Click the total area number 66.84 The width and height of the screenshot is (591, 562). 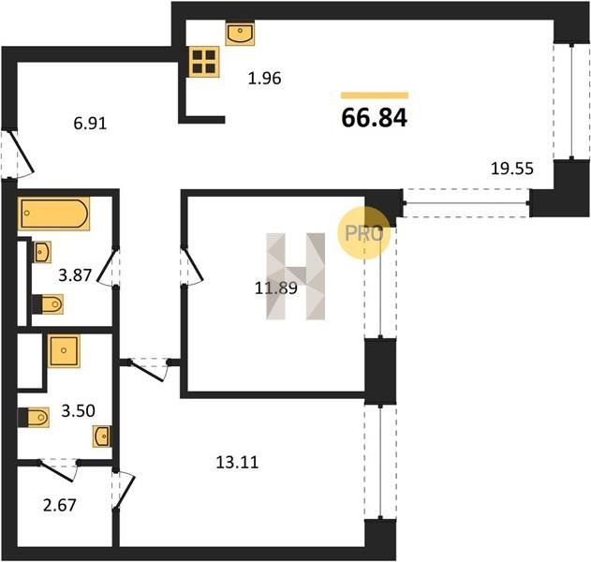click(375, 118)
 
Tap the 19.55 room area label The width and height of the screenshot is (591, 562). click(512, 169)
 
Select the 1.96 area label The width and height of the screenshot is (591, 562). click(265, 79)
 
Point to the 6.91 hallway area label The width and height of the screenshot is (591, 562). click(90, 124)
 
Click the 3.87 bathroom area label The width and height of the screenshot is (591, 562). click(75, 275)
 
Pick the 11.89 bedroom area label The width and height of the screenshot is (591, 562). click(276, 288)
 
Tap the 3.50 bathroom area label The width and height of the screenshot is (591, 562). click(78, 411)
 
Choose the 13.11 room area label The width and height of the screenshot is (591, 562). click(237, 463)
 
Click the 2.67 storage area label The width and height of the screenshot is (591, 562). click(60, 506)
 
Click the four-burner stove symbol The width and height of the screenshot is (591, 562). click(204, 62)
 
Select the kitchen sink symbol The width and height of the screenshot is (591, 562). click(240, 34)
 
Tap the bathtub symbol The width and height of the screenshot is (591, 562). click(54, 214)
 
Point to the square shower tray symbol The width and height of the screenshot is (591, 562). click(64, 351)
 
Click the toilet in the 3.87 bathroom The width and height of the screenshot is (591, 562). click(48, 304)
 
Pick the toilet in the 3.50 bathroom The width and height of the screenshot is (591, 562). click(34, 417)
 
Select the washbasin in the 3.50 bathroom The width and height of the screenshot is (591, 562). click(102, 436)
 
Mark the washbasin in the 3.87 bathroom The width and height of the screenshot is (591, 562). click(42, 252)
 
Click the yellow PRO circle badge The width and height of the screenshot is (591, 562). click(364, 233)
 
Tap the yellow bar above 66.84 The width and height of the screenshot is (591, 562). click(375, 96)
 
